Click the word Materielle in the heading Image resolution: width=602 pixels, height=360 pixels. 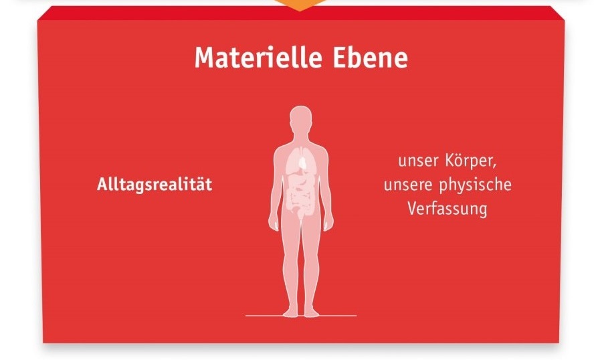tap(258, 58)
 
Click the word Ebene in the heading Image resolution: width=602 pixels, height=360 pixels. tap(370, 58)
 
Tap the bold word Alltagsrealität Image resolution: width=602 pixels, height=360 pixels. tap(155, 185)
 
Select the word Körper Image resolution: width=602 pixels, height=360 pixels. tap(471, 161)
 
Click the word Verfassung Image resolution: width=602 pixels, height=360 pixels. tap(447, 209)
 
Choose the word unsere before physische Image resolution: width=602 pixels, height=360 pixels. tap(408, 185)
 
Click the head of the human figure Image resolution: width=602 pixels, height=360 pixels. tap(300, 118)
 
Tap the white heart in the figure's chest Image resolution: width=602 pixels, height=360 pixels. tap(303, 162)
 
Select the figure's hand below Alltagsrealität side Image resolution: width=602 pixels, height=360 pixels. tap(274, 223)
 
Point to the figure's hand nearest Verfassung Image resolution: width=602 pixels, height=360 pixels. tap(328, 223)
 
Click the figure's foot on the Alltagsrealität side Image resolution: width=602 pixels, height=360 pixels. tap(291, 312)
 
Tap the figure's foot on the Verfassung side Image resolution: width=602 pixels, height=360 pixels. tap(311, 312)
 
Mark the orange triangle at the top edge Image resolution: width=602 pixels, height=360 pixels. tap(300, 4)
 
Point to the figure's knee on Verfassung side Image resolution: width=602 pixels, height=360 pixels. tap(311, 264)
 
